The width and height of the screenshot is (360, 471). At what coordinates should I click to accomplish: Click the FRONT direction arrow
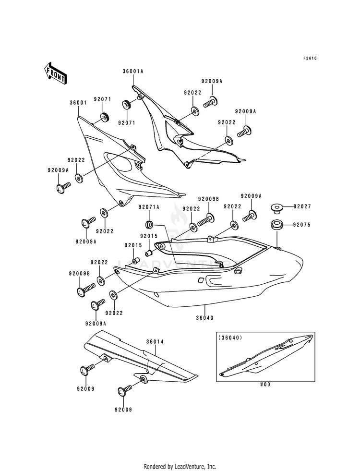tap(55, 73)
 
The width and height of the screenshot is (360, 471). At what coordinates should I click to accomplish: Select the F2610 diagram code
tap(310, 58)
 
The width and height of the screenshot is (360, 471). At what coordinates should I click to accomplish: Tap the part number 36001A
tap(133, 72)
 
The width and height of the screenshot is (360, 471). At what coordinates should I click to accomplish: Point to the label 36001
tap(78, 103)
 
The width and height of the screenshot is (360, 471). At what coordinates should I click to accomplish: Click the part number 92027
tap(302, 206)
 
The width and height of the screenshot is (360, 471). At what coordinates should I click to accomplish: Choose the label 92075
tap(302, 225)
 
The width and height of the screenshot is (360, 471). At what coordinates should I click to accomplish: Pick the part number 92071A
tap(149, 207)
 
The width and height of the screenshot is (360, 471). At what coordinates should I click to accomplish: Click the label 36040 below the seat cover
tap(205, 318)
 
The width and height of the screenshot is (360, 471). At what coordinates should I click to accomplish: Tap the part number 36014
tap(155, 341)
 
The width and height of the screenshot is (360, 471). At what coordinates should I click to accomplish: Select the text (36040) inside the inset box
tap(230, 338)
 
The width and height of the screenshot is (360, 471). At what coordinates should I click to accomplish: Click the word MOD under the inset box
tap(265, 385)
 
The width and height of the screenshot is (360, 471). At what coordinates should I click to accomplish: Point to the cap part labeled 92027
tap(276, 208)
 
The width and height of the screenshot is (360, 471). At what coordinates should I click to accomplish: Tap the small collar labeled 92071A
tap(149, 224)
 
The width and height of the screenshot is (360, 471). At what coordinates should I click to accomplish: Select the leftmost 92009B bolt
tap(85, 289)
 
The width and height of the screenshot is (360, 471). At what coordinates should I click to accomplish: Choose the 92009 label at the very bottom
tap(123, 410)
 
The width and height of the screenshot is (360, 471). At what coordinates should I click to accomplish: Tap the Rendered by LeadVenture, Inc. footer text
tap(180, 466)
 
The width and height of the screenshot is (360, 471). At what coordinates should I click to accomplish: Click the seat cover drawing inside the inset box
tap(265, 355)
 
